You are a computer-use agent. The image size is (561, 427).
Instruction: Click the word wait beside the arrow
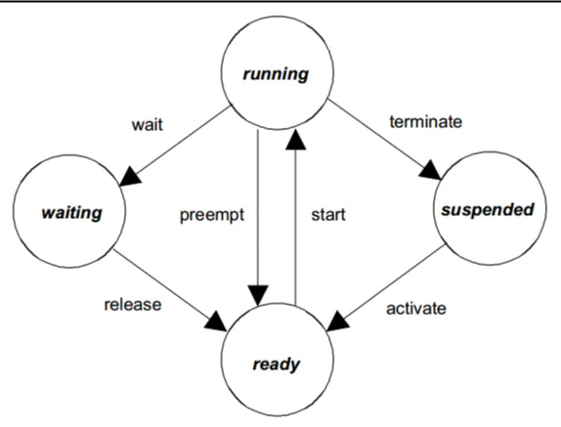pos(147,125)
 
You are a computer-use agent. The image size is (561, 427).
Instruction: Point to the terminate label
pos(426,121)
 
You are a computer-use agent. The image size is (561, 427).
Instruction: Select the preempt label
pos(212,215)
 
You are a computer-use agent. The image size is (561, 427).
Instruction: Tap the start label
pos(328,215)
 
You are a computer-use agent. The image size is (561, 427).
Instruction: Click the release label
pos(133,305)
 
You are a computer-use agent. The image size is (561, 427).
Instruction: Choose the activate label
pos(416,308)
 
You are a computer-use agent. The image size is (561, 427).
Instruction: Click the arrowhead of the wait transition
pos(130,176)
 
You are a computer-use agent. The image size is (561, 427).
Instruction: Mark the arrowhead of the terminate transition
pos(430,169)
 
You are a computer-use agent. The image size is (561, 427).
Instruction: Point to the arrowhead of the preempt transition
pos(258,295)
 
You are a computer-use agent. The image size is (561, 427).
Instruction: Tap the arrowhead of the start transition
pos(295,140)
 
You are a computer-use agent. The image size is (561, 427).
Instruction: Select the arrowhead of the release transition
pos(216,320)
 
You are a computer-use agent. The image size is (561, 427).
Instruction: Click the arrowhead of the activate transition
pos(337,321)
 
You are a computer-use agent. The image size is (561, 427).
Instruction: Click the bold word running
pos(276,74)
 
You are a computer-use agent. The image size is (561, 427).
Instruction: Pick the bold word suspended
pos(488,209)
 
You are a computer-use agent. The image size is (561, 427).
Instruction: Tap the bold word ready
pos(277,364)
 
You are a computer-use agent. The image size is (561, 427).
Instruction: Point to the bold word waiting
pos(71,213)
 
